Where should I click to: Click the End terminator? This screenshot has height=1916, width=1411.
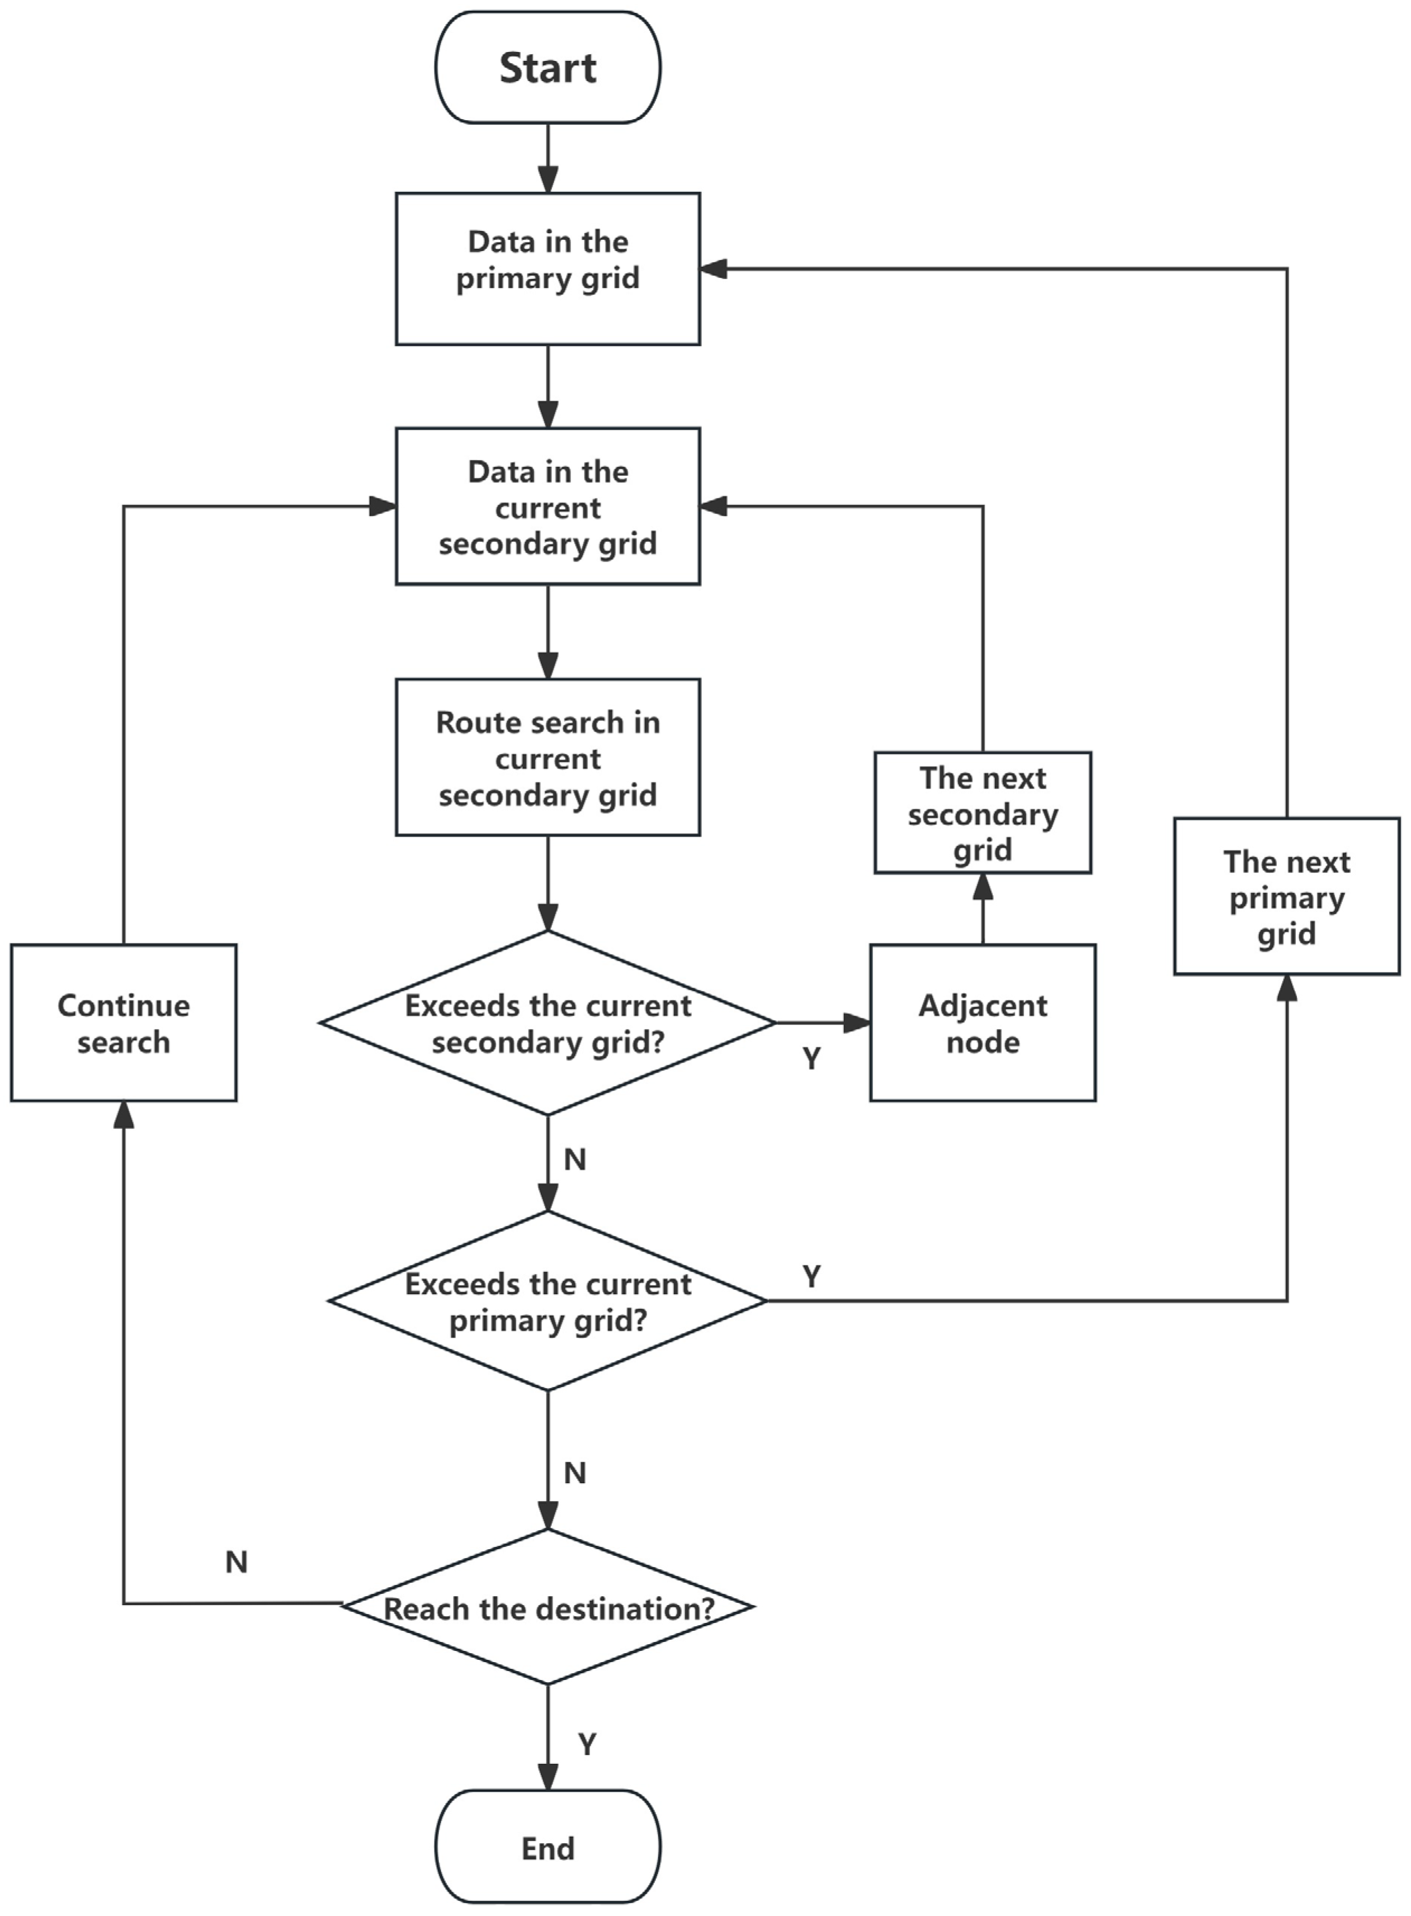pyautogui.click(x=548, y=1848)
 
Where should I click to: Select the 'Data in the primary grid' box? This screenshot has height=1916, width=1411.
pyautogui.click(x=548, y=268)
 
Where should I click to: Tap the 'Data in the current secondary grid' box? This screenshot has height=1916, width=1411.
pyautogui.click(x=548, y=507)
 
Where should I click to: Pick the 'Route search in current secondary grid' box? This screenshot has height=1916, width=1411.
pyautogui.click(x=548, y=758)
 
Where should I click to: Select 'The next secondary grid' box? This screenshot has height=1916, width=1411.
pyautogui.click(x=982, y=813)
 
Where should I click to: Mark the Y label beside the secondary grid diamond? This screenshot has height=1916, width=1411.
pyautogui.click(x=811, y=1059)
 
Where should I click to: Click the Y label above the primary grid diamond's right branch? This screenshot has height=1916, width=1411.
pyautogui.click(x=811, y=1277)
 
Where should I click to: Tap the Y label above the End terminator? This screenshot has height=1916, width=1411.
pyautogui.click(x=587, y=1744)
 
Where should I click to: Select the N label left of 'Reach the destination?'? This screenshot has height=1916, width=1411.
pyautogui.click(x=237, y=1563)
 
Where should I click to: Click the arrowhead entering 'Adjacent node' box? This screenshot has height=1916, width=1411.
pyautogui.click(x=857, y=1022)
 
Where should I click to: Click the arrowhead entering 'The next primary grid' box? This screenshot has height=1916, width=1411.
pyautogui.click(x=1286, y=988)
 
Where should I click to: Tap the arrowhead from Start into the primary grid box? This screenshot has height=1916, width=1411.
pyautogui.click(x=548, y=180)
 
